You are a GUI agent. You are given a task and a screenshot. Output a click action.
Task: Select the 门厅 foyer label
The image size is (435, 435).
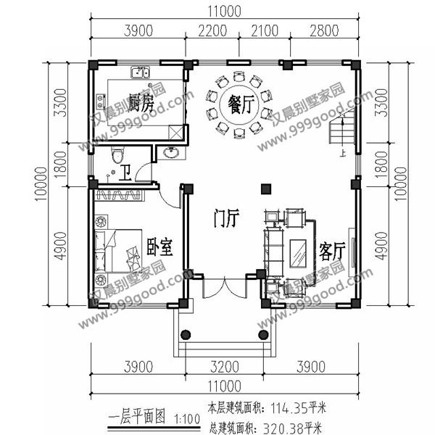pos(225,217)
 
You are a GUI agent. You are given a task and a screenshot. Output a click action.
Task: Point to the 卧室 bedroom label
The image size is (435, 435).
pos(159,247)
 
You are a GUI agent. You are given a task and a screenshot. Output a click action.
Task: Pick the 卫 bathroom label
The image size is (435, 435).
pos(125,172)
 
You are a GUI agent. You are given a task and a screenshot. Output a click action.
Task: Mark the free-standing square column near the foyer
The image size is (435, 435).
pos(265,188)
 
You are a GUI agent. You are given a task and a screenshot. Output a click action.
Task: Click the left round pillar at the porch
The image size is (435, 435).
pos(185,335)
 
